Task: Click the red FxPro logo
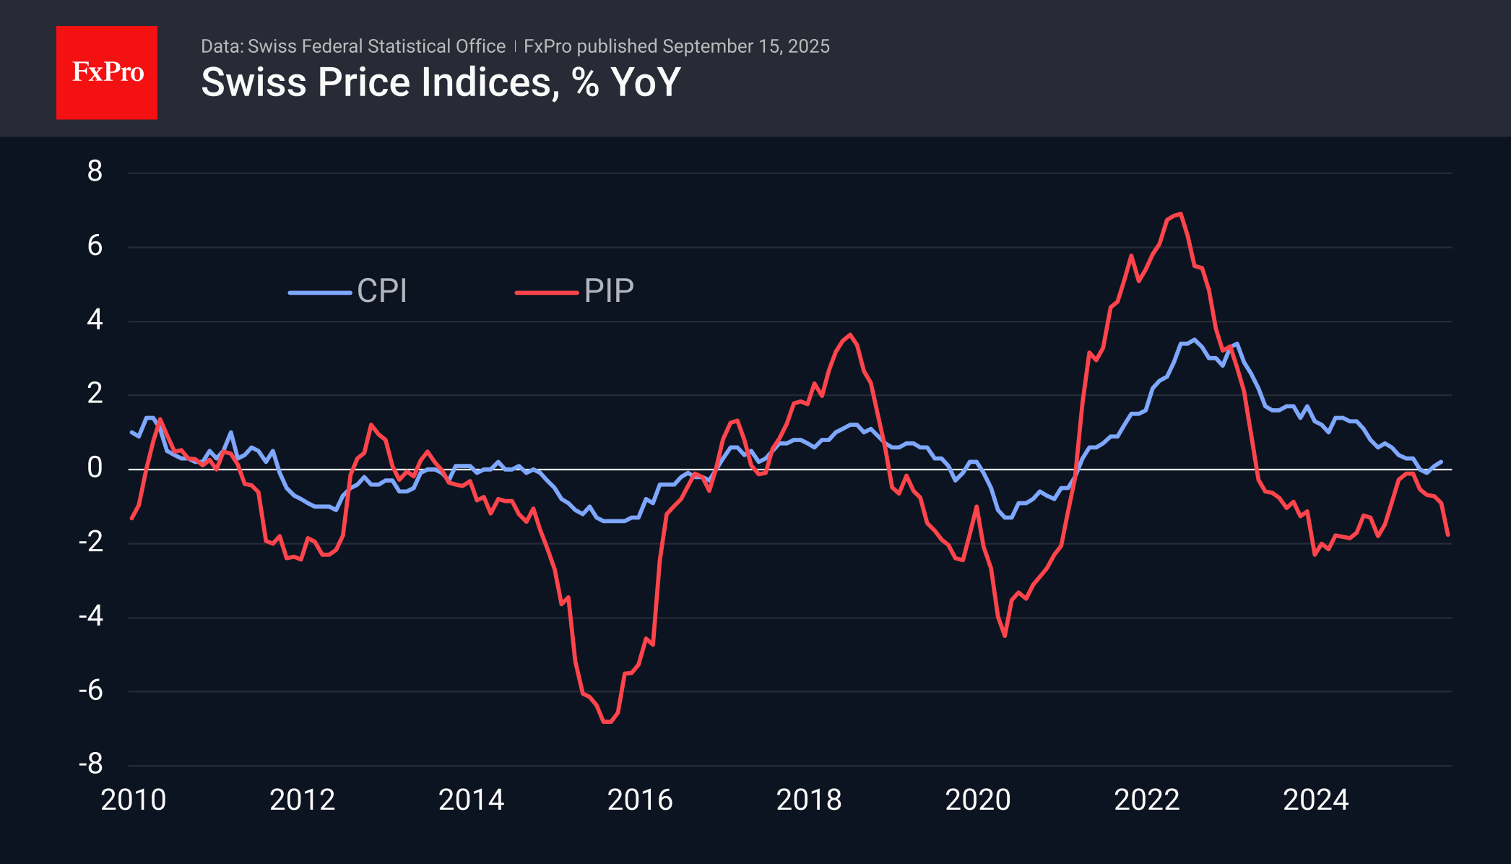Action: [107, 72]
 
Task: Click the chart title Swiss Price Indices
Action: [440, 82]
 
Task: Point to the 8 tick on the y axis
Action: [95, 172]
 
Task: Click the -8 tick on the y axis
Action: [92, 764]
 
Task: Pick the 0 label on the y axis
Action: [95, 468]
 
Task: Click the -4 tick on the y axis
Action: [92, 616]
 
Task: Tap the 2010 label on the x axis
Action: [134, 800]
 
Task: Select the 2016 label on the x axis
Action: [640, 800]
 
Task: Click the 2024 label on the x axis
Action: [1315, 800]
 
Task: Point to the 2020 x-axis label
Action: [978, 800]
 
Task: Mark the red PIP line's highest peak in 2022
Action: [1181, 214]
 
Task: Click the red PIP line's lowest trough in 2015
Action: [607, 721]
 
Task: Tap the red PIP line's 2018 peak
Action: [850, 334]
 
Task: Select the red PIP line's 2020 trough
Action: [1005, 635]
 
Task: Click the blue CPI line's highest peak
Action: [1195, 340]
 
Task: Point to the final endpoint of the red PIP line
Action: [1448, 535]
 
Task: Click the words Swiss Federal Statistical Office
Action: [376, 46]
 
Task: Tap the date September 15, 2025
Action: [745, 46]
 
